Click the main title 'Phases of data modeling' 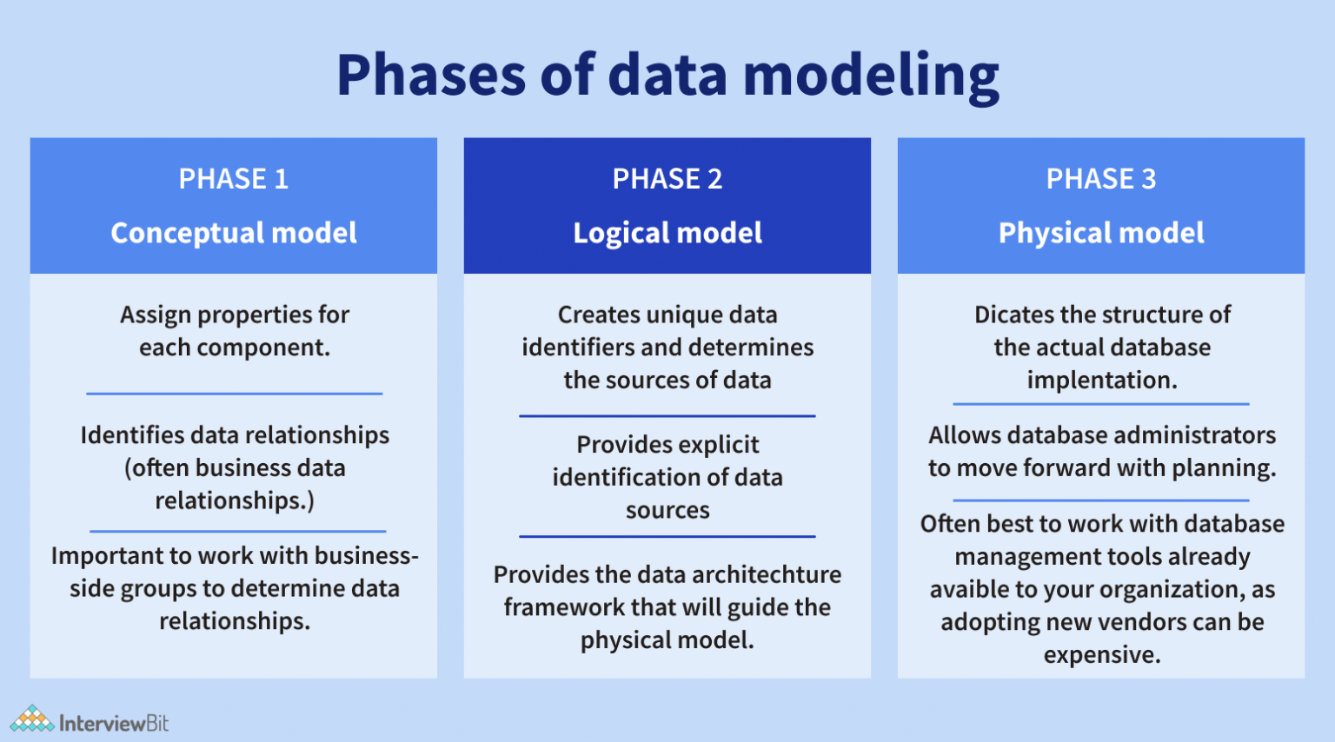point(667,75)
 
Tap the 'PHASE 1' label point(233,179)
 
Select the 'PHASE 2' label point(667,179)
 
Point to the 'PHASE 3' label point(1101,179)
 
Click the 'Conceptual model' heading point(233,233)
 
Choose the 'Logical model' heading point(667,233)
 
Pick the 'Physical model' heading point(1101,233)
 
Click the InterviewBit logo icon point(32,719)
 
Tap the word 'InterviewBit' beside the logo point(114,723)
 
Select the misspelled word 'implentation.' point(1101,381)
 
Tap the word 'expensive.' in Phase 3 point(1101,655)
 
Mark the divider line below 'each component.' point(234,394)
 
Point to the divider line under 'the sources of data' point(667,416)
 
